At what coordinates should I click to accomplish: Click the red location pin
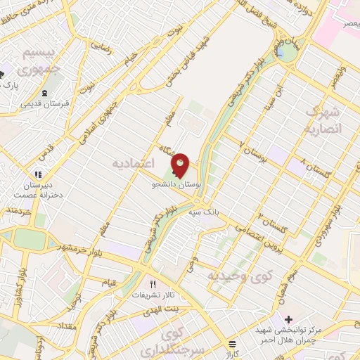[x=181, y=165]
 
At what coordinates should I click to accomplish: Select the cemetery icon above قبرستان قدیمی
[x=46, y=92]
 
